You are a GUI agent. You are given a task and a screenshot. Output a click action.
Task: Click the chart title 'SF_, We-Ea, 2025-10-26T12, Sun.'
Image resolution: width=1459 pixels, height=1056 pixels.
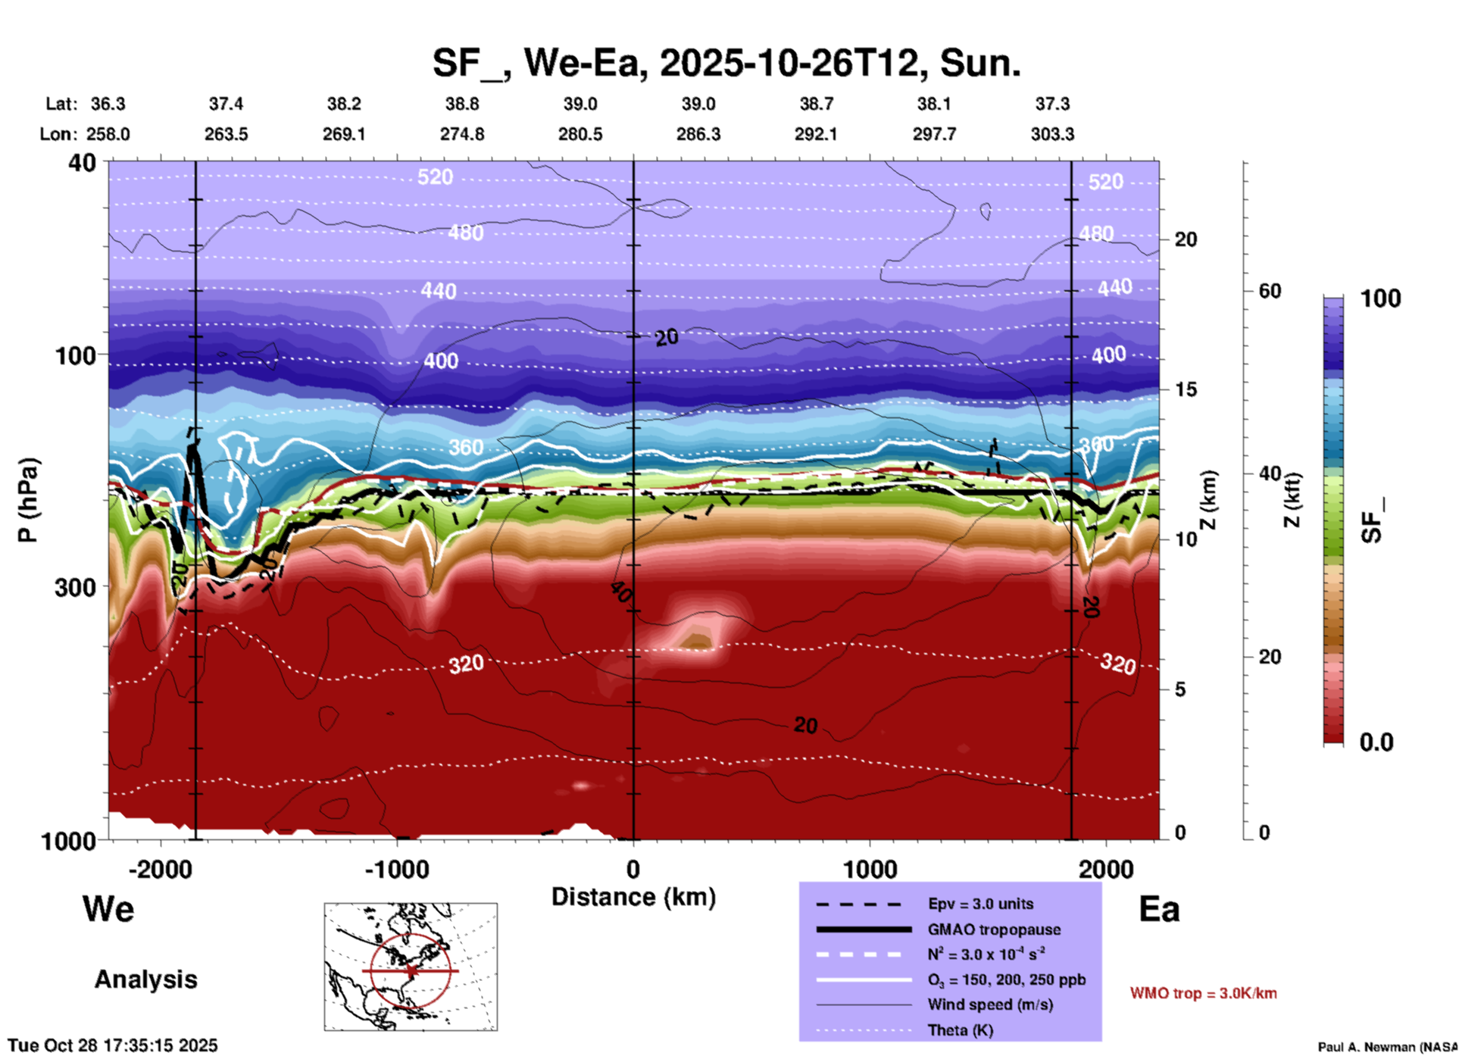(726, 63)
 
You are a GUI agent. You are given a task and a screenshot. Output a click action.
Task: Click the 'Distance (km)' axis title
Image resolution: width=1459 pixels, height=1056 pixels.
(633, 897)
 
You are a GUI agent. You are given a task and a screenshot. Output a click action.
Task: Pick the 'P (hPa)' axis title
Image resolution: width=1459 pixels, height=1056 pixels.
(28, 500)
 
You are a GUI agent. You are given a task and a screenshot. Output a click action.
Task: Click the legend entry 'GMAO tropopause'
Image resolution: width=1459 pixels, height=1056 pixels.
(994, 929)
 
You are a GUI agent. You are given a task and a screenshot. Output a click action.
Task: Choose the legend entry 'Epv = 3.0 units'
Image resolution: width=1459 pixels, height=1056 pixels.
(980, 904)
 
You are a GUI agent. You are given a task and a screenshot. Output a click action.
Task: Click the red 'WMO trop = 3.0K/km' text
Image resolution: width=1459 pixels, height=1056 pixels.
(1203, 993)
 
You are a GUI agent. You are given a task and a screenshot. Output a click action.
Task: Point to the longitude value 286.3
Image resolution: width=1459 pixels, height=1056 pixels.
(698, 134)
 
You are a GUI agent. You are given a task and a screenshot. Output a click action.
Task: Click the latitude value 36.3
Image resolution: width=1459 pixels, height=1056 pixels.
(108, 104)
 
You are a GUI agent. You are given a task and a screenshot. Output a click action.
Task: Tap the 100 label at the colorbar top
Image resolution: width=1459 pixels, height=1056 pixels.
(1380, 298)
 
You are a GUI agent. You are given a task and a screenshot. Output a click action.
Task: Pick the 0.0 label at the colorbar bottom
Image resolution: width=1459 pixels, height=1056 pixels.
(1376, 742)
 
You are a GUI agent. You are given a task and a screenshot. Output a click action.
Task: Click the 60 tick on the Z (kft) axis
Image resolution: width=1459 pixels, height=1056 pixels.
(1270, 291)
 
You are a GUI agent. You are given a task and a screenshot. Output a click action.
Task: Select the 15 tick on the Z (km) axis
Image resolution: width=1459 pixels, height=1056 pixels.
(1186, 389)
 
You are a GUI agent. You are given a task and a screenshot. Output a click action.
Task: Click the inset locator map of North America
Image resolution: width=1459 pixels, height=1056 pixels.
(411, 967)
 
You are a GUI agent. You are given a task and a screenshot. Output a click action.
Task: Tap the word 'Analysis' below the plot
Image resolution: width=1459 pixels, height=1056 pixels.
(145, 979)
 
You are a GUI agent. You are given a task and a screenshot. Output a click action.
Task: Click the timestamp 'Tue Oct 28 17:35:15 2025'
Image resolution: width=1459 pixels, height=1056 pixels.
(113, 1045)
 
